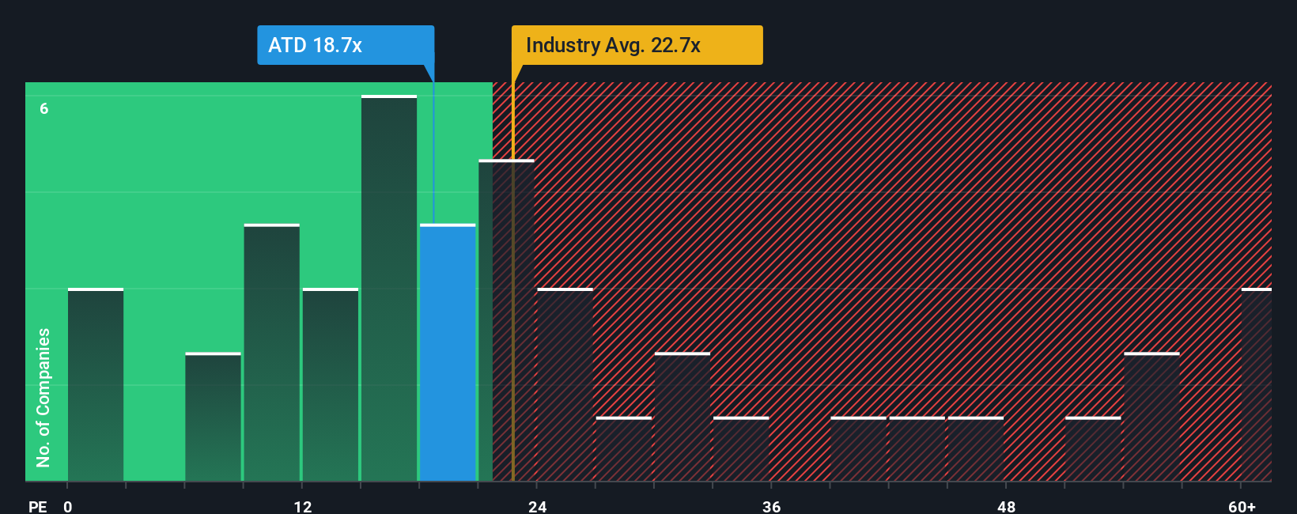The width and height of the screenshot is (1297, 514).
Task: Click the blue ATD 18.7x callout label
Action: pyautogui.click(x=346, y=45)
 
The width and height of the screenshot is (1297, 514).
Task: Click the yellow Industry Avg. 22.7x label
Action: pyautogui.click(x=637, y=45)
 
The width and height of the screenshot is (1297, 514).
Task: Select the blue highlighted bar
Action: pyautogui.click(x=448, y=353)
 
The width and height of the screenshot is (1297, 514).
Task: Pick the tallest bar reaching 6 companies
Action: pyautogui.click(x=389, y=289)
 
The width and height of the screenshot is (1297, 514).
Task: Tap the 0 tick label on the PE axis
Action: pyautogui.click(x=68, y=506)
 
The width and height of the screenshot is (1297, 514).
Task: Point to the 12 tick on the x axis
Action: pyautogui.click(x=302, y=506)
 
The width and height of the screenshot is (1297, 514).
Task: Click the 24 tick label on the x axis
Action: pyautogui.click(x=537, y=506)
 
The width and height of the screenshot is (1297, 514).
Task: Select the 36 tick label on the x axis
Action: pyautogui.click(x=771, y=506)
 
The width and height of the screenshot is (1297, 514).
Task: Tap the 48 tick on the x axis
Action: pyautogui.click(x=1006, y=506)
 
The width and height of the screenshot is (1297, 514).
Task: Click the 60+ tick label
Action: pyautogui.click(x=1242, y=506)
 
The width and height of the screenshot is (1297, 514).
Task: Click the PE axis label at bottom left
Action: pyautogui.click(x=37, y=506)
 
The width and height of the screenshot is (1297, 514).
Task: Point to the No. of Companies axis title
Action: pyautogui.click(x=43, y=397)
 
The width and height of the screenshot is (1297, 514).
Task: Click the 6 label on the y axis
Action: pyautogui.click(x=44, y=108)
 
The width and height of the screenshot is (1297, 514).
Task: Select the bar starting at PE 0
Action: pyautogui.click(x=96, y=385)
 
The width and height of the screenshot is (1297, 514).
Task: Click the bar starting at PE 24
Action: pyautogui.click(x=565, y=385)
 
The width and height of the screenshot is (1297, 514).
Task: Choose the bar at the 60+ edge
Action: pyautogui.click(x=1256, y=385)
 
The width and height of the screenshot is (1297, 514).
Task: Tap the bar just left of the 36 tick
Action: pyautogui.click(x=741, y=449)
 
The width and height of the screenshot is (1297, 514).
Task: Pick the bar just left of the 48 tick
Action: pyautogui.click(x=975, y=449)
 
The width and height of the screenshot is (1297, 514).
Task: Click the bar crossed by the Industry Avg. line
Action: pyautogui.click(x=506, y=320)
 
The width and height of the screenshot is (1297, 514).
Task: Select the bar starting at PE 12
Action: pyautogui.click(x=331, y=385)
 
